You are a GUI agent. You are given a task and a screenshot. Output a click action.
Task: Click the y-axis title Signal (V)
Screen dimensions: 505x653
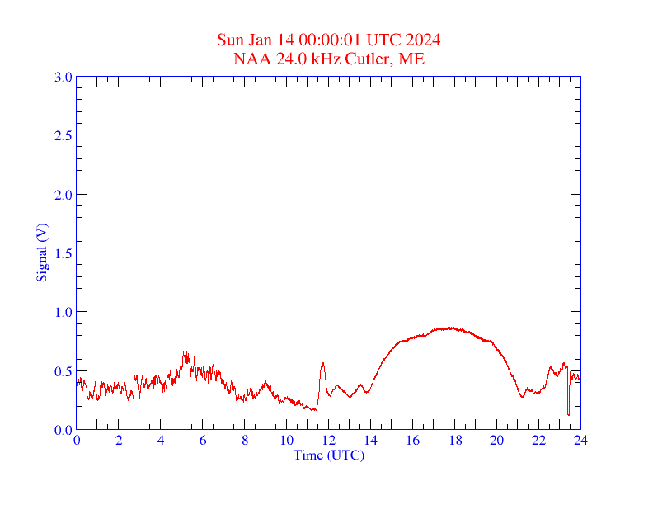(x=41, y=252)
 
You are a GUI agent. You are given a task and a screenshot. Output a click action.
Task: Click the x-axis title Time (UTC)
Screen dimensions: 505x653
(x=329, y=455)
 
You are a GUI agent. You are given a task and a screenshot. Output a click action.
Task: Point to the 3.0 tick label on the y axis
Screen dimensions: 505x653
(x=63, y=78)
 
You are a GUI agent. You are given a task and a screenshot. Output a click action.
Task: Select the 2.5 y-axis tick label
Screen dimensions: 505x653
(x=63, y=136)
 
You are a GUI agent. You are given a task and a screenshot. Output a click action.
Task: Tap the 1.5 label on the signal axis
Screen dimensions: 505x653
(x=63, y=253)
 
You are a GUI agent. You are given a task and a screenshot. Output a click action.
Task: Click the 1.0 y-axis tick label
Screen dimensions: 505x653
(x=63, y=312)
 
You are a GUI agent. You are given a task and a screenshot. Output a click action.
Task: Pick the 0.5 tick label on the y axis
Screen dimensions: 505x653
(x=63, y=371)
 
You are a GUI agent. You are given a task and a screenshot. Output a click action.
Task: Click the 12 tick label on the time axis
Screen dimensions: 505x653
(x=329, y=441)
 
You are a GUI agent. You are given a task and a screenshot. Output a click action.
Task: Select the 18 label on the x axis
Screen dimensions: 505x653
(x=455, y=441)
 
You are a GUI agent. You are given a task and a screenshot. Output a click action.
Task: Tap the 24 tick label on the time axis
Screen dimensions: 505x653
(x=580, y=441)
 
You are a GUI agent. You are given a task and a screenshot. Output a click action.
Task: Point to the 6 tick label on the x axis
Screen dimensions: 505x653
(x=203, y=441)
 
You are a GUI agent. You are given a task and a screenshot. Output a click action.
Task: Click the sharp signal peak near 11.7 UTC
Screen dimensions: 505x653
(x=322, y=363)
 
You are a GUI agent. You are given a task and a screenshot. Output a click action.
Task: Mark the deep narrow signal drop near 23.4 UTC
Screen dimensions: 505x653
(x=568, y=413)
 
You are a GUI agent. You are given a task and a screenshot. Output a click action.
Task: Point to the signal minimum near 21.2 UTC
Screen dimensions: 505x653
(x=522, y=397)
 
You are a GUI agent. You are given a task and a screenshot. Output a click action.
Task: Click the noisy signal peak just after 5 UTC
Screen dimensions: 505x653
(x=186, y=353)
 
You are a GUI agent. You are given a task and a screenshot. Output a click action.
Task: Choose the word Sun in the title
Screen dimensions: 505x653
(x=230, y=40)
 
